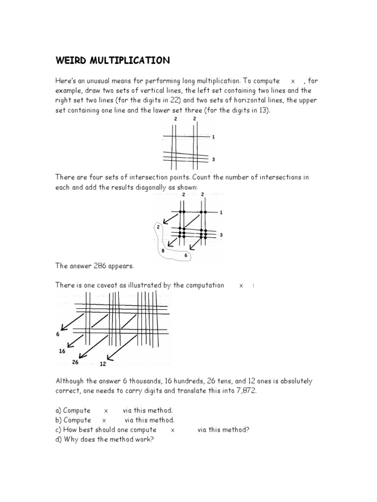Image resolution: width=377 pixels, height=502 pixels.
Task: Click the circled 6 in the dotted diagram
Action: coord(186,255)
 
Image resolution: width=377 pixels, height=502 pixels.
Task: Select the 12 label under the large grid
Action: coord(103,364)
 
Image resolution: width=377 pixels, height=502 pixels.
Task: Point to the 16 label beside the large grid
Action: coord(61,351)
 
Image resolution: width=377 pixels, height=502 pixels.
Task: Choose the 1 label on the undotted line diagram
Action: coord(213,137)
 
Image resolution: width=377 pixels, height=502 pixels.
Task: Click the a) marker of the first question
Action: coord(59,410)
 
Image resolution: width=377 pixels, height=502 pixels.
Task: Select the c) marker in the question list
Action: coord(59,430)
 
